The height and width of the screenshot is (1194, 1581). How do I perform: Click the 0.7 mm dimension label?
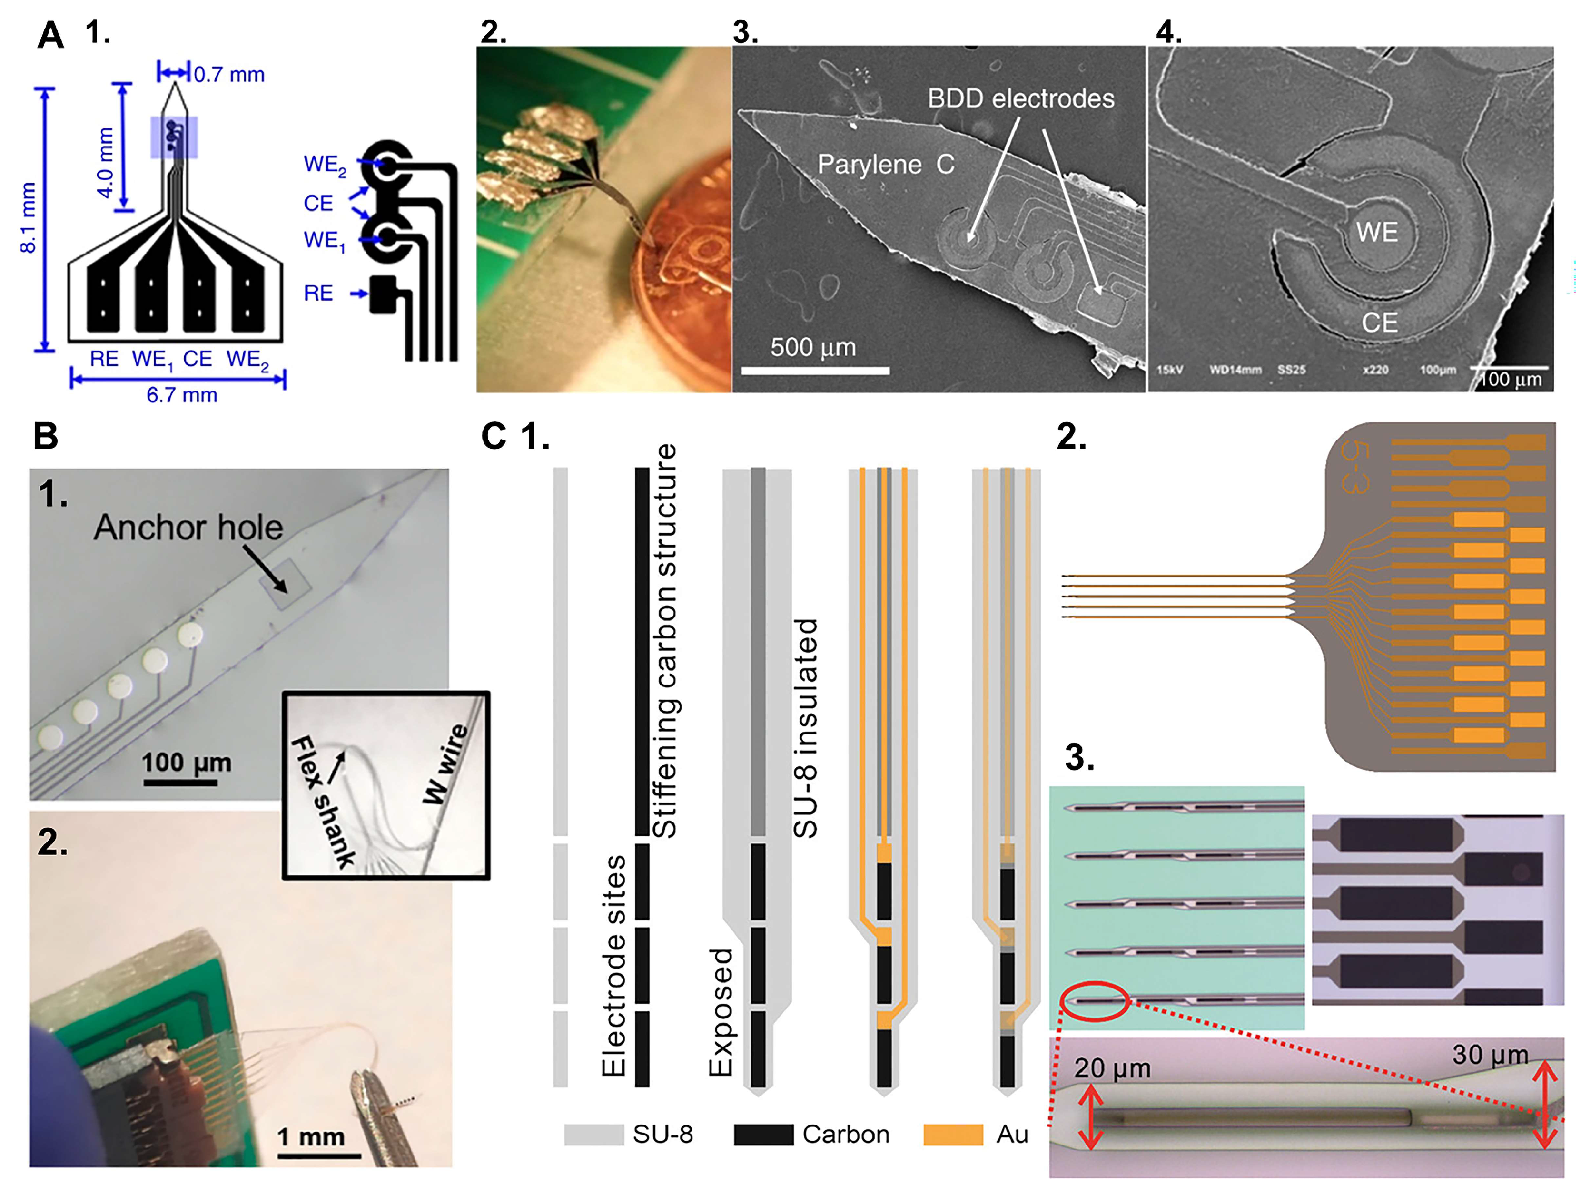[x=229, y=74]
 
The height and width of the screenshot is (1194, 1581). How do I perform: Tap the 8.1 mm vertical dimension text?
[x=27, y=218]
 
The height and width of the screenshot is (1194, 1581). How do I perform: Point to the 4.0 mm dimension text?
[x=105, y=163]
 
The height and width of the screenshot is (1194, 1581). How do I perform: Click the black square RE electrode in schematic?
[x=383, y=294]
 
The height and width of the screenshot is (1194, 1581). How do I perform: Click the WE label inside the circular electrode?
[x=1376, y=232]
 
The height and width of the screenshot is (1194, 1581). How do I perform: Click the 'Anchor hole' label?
[x=188, y=528]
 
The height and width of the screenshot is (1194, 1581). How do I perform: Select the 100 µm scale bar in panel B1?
[x=180, y=783]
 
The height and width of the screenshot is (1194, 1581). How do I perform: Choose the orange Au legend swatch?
[x=953, y=1135]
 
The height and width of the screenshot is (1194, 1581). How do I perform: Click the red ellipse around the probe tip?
[x=1094, y=1002]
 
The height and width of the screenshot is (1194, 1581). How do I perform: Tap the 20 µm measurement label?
[x=1112, y=1068]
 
